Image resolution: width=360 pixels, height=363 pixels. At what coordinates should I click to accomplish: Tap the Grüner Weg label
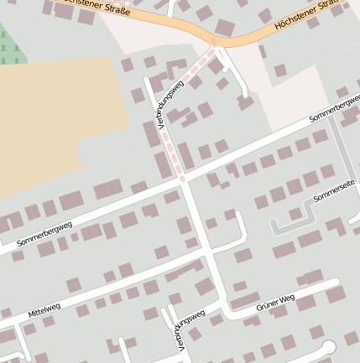(274, 307)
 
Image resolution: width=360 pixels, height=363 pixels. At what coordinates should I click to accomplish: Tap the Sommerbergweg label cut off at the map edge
(336, 114)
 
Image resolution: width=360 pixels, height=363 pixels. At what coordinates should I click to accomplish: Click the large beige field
(50, 126)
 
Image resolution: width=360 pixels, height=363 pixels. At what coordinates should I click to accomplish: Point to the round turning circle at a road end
(328, 347)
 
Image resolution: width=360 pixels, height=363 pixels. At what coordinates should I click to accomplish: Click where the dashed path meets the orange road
(213, 43)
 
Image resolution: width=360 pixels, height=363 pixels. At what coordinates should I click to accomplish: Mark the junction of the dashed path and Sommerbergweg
(184, 179)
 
